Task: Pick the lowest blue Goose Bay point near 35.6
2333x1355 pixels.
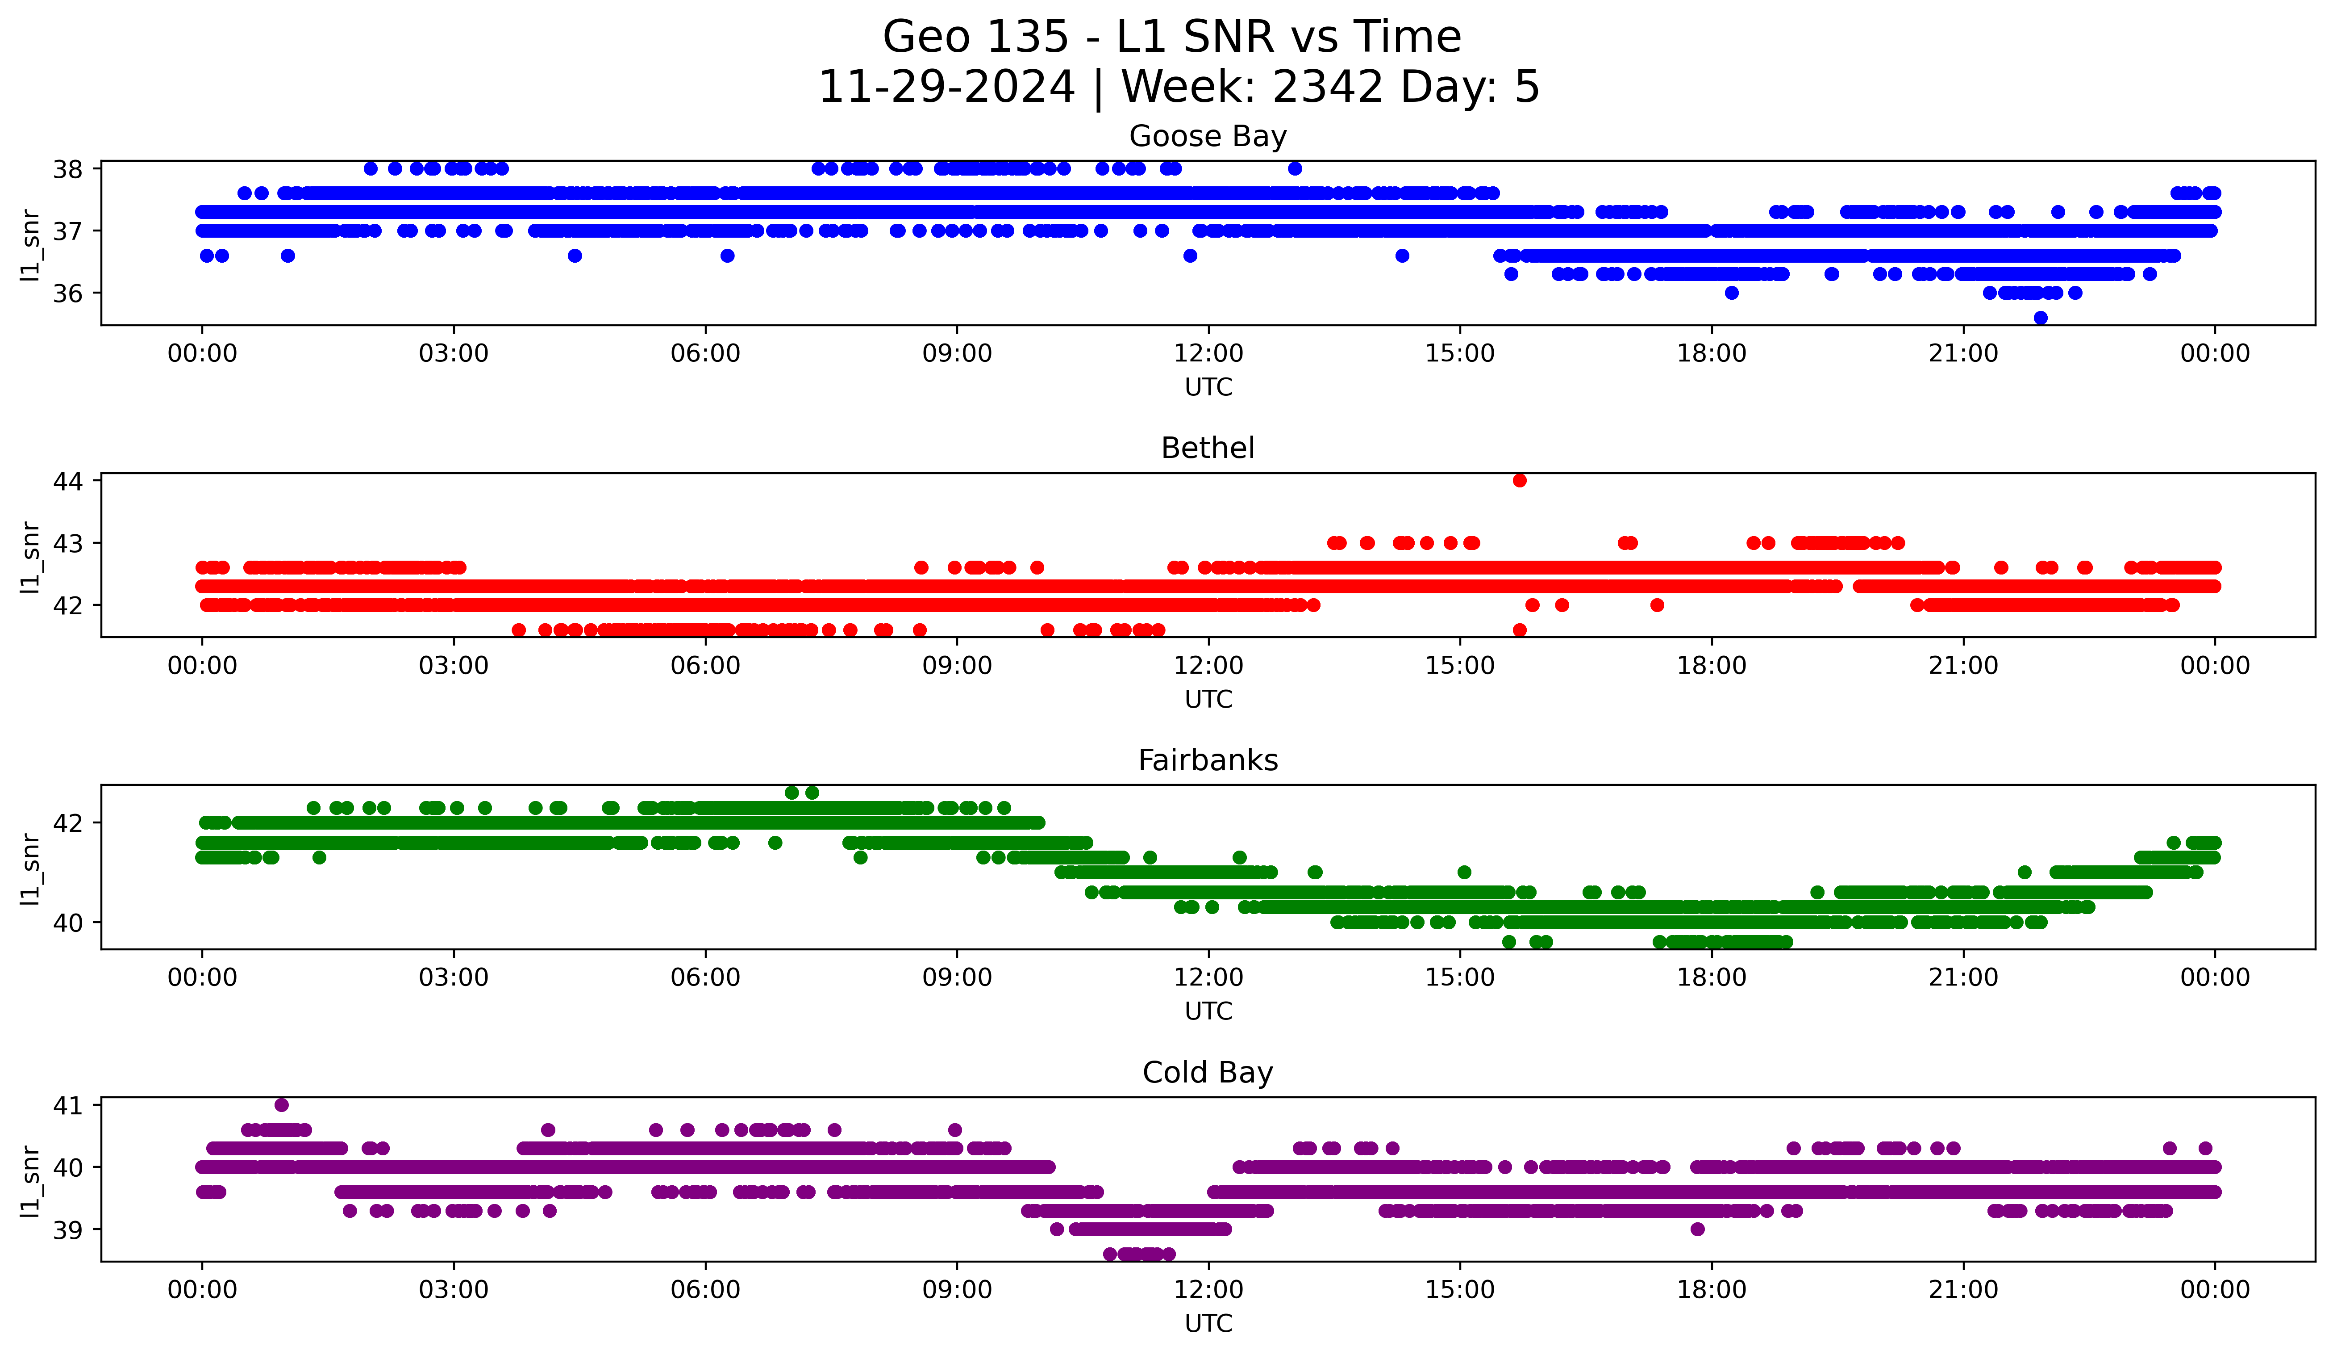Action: click(x=2041, y=318)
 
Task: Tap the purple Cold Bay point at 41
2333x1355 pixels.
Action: click(x=281, y=1105)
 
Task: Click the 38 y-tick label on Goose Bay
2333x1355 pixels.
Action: click(x=67, y=168)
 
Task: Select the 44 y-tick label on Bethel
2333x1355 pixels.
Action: click(x=67, y=481)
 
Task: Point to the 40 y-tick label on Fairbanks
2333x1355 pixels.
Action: click(x=67, y=923)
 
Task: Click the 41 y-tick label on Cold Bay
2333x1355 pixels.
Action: click(x=67, y=1105)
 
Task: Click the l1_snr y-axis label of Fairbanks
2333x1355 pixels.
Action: click(x=30, y=868)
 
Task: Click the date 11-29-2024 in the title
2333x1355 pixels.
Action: click(x=946, y=87)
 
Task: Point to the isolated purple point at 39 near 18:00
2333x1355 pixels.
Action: click(x=1697, y=1229)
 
